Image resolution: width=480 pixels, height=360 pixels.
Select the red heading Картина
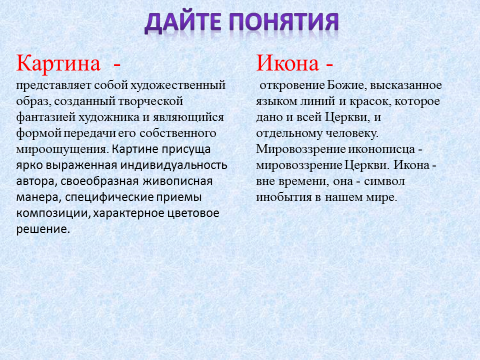click(59, 64)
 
